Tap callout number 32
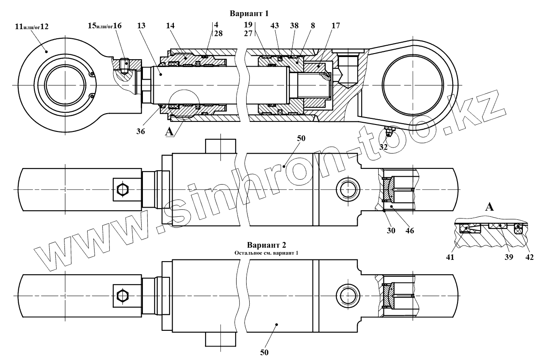pos(383,147)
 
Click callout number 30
pos(391,231)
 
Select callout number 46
pos(410,231)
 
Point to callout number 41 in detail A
pos(450,257)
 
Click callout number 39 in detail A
pos(509,257)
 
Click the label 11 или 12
pos(32,27)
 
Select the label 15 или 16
pos(105,26)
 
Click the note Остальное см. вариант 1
pos(266,252)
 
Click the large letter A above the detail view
pos(490,207)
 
